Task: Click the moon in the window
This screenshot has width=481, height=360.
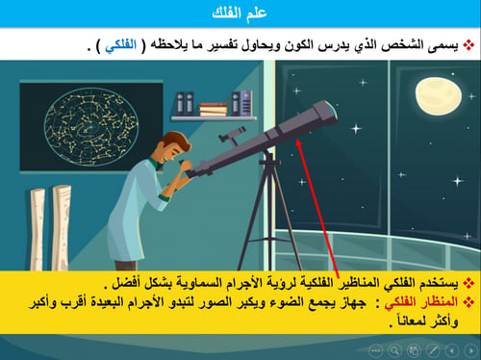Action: click(x=434, y=95)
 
